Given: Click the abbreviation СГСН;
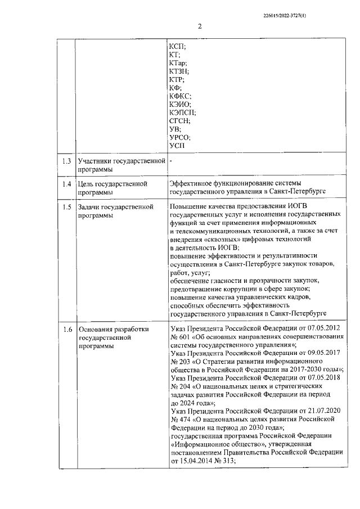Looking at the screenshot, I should [179, 121].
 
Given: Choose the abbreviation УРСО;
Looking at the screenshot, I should [180, 138].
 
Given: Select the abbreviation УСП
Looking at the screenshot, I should [177, 146].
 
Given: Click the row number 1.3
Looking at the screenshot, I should [66, 162].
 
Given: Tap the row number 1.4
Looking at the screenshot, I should [66, 184].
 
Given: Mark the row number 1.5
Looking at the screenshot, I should [66, 208].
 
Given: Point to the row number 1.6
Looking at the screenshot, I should [66, 330].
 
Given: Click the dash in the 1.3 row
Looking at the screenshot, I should [170, 162].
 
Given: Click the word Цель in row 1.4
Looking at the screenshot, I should [87, 184].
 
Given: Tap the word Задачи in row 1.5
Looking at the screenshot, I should [91, 208].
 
